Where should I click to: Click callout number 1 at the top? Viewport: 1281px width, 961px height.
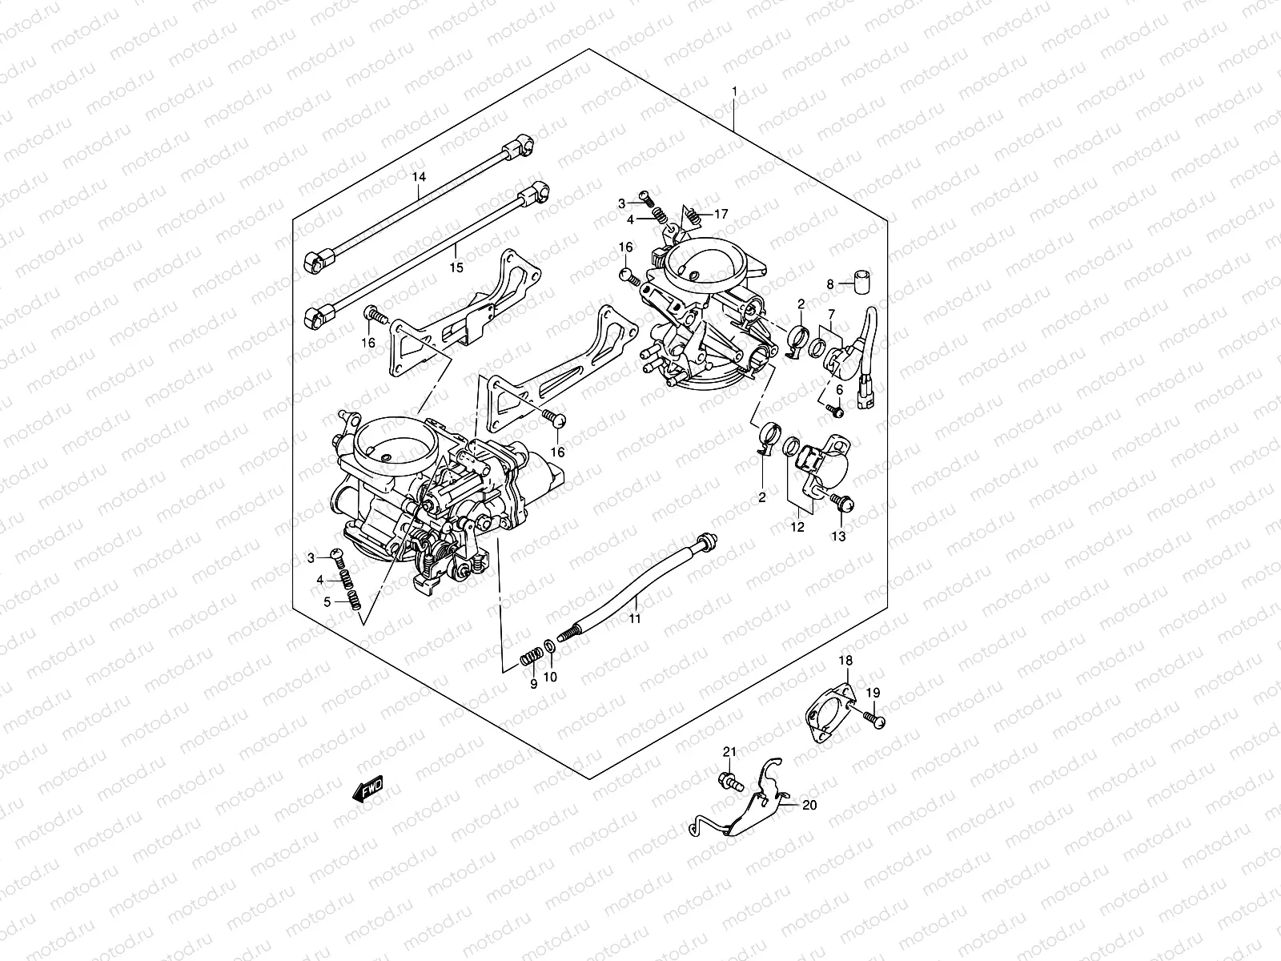[x=734, y=92]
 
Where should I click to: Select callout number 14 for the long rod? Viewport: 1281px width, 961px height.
[x=419, y=175]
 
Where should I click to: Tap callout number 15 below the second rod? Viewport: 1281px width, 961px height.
[x=456, y=267]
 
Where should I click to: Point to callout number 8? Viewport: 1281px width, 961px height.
[x=830, y=283]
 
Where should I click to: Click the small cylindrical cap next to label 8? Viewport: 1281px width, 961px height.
[x=861, y=283]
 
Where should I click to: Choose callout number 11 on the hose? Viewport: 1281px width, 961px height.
[x=634, y=619]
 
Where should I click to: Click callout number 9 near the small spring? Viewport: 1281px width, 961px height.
[x=533, y=683]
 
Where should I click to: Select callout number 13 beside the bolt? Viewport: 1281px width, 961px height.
[x=837, y=537]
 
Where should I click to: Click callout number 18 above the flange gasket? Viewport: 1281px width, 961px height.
[x=846, y=660]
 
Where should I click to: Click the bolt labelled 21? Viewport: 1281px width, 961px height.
[x=729, y=778]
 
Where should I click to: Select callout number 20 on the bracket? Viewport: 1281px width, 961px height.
[x=809, y=805]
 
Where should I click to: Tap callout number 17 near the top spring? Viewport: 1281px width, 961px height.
[x=721, y=214]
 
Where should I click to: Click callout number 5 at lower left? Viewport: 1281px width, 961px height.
[x=327, y=601]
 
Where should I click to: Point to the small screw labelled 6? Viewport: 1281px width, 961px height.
[x=834, y=410]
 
